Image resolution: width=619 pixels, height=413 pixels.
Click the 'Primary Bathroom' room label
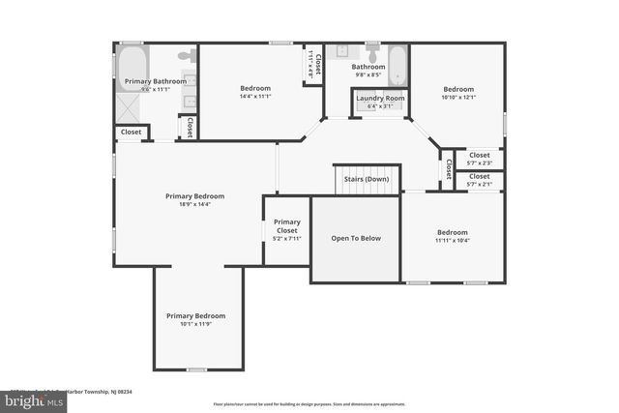pyautogui.click(x=155, y=81)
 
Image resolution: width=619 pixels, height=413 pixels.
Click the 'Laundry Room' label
pyautogui.click(x=380, y=98)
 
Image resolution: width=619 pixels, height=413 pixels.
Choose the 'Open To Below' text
pyautogui.click(x=355, y=237)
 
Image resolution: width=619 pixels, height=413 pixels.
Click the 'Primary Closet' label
pyautogui.click(x=286, y=226)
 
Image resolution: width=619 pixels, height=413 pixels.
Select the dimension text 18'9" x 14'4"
pyautogui.click(x=194, y=204)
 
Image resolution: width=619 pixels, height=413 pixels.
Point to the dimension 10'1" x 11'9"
pyautogui.click(x=195, y=324)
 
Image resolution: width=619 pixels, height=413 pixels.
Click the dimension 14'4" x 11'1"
pyautogui.click(x=254, y=96)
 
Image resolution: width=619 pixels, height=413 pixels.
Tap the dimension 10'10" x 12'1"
pyautogui.click(x=459, y=97)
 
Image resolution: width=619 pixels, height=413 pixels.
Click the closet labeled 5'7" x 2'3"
pyautogui.click(x=480, y=158)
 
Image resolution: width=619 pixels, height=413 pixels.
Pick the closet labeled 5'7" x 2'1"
pyautogui.click(x=480, y=180)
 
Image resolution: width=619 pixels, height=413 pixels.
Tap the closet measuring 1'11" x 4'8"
pyautogui.click(x=313, y=65)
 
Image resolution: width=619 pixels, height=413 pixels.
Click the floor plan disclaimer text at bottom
pyautogui.click(x=309, y=404)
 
